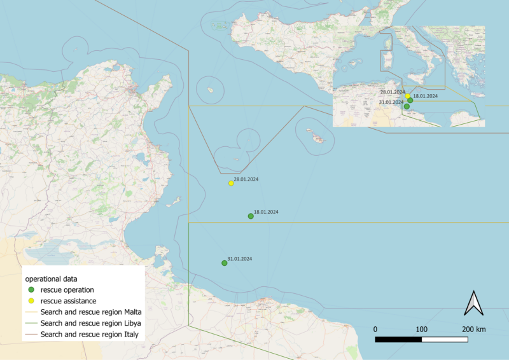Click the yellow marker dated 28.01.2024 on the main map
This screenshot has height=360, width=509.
(x=232, y=183)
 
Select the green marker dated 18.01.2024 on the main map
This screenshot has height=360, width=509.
(x=251, y=216)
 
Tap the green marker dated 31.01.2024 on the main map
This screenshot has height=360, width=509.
(x=224, y=263)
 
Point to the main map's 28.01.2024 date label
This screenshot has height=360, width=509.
(x=246, y=179)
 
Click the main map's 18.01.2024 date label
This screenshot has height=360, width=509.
(x=266, y=212)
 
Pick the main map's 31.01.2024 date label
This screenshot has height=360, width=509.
(x=240, y=259)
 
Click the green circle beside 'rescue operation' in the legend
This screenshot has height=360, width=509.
(x=31, y=290)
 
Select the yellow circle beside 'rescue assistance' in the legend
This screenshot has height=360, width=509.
(x=31, y=301)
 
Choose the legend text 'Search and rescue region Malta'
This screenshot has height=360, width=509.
(x=90, y=312)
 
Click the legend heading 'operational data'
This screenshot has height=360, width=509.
(x=51, y=279)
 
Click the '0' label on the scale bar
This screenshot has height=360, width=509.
(x=375, y=329)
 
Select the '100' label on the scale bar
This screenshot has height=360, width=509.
(x=421, y=329)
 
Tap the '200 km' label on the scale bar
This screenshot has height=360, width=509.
(x=474, y=329)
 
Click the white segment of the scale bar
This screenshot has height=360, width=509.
(x=445, y=340)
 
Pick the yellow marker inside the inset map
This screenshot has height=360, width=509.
(x=408, y=96)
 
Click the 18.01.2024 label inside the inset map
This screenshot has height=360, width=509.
(x=425, y=95)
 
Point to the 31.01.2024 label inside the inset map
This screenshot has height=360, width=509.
(x=391, y=102)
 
